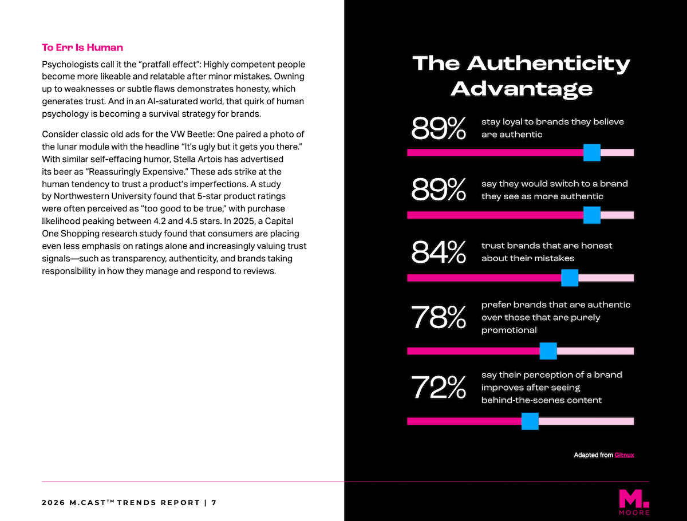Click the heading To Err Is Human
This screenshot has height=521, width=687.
(x=82, y=48)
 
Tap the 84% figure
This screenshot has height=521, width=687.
(x=439, y=253)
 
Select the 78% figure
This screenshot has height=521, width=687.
(x=439, y=318)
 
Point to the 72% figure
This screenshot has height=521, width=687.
(x=439, y=388)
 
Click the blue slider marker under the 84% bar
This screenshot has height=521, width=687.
(x=570, y=278)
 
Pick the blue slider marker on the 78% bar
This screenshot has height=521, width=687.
(x=548, y=351)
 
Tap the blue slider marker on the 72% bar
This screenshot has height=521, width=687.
(x=530, y=421)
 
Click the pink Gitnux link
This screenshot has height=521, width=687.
(x=624, y=455)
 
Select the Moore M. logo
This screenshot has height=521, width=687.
(x=634, y=502)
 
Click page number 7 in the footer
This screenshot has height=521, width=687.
(x=214, y=503)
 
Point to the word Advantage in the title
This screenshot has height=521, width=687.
(x=522, y=88)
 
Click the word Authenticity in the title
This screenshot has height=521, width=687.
(x=548, y=63)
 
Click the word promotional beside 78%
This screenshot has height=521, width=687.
(x=509, y=330)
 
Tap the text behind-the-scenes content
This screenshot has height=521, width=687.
(x=542, y=400)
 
